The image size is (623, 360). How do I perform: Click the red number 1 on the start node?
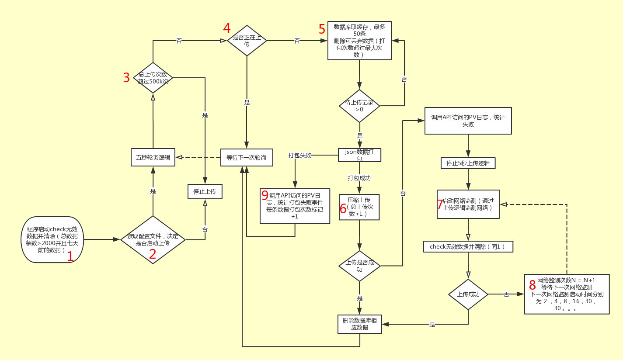coord(70,256)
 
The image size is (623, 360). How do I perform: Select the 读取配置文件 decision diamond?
coord(153,239)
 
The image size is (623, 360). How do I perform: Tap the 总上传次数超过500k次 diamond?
coord(153,78)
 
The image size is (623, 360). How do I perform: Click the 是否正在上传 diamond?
coord(247,41)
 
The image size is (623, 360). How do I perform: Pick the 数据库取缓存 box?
coord(359,40)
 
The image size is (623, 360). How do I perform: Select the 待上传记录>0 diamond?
coord(359,106)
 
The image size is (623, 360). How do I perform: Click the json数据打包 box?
coord(359,155)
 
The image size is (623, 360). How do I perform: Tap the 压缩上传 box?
coord(359,207)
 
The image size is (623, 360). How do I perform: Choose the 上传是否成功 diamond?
coord(359,266)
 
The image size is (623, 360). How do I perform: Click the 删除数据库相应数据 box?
coord(359,324)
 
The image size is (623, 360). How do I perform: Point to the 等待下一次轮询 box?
coord(247,157)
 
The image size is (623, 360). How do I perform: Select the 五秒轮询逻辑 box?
coord(153,157)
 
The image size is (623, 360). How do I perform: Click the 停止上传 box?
coord(205,191)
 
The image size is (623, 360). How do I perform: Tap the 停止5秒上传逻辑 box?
coord(468,163)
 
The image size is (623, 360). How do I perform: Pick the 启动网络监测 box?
coord(468,204)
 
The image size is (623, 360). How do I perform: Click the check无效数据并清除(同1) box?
coord(468,247)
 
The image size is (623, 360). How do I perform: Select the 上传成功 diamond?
coord(468,294)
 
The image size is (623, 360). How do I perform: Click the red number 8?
coord(532,285)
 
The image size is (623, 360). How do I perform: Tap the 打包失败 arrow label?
coord(300,156)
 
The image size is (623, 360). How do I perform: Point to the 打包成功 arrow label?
coord(359,178)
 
